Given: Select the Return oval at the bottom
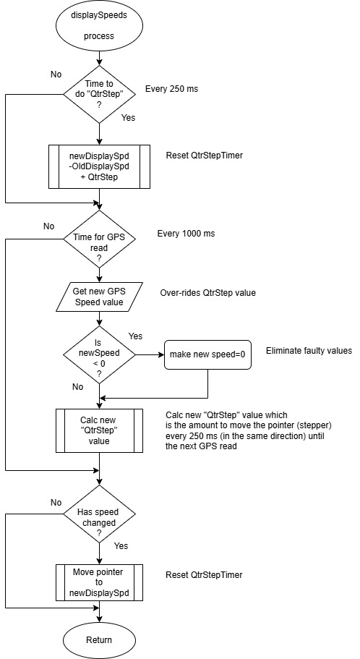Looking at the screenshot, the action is click(x=99, y=640).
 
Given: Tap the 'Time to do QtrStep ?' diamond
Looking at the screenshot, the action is click(x=99, y=94).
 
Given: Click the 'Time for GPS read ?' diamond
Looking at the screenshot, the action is click(x=99, y=238).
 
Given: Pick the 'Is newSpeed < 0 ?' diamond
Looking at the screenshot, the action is click(x=99, y=354).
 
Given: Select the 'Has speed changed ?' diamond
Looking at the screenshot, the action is click(x=99, y=513).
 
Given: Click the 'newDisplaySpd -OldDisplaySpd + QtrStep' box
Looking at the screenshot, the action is click(x=99, y=166).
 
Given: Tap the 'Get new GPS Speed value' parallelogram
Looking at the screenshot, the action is click(x=99, y=297).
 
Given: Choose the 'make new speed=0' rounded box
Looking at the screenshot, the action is click(x=207, y=354).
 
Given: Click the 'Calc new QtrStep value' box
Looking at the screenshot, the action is click(x=99, y=430).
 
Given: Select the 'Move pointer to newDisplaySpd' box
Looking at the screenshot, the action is click(x=99, y=582).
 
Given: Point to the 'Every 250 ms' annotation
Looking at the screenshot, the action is click(x=172, y=89).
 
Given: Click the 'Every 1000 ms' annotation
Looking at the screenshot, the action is click(x=186, y=233).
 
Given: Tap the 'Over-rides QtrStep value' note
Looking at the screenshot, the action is click(x=208, y=293).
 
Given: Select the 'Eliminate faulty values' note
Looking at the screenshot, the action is click(x=309, y=351).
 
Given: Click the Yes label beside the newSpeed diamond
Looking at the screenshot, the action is click(x=135, y=336).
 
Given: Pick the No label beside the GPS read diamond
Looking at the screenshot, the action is click(x=48, y=226).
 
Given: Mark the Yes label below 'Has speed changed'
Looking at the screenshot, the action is click(x=121, y=546).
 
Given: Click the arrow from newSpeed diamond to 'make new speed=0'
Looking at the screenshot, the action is click(x=150, y=354).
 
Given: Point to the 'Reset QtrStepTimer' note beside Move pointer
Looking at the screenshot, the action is click(x=204, y=574).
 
